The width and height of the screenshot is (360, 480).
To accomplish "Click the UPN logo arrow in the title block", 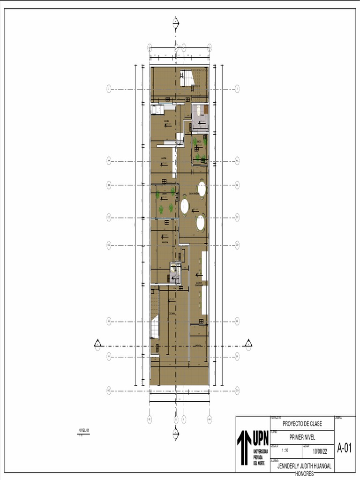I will (x=244, y=447).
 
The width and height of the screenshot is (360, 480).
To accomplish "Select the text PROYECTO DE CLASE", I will (x=302, y=424).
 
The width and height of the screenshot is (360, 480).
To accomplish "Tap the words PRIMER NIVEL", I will (x=302, y=437).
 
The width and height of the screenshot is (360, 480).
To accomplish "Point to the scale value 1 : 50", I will (x=285, y=450).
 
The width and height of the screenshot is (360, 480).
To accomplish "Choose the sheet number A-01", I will (x=344, y=448).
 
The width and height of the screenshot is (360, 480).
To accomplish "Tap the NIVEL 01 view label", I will (x=83, y=430).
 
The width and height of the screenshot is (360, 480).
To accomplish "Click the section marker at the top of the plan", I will (x=176, y=22).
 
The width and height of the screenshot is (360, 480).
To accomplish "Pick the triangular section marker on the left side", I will (x=97, y=344).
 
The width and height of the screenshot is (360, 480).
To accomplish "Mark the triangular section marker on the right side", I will (x=248, y=344).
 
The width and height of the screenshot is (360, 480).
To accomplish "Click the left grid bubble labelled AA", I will (x=108, y=160).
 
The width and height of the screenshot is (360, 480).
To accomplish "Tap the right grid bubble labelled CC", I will (x=237, y=217).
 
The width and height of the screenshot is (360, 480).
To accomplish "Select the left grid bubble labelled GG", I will (x=108, y=390).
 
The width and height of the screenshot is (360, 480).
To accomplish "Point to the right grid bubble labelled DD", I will (x=237, y=245).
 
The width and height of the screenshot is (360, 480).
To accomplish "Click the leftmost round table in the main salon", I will (x=185, y=205).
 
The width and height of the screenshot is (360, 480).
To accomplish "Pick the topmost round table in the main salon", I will (x=202, y=188).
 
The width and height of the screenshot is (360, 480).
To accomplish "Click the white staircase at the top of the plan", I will (x=187, y=77).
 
